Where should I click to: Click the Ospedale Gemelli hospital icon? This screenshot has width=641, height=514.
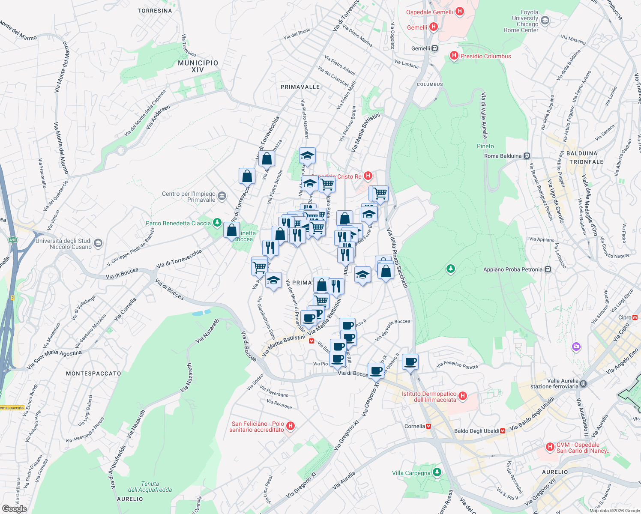click(x=459, y=12)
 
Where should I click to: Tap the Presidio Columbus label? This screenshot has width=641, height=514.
click(x=485, y=56)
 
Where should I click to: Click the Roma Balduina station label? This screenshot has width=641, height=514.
click(x=503, y=156)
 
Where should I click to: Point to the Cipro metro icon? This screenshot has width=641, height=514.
click(x=635, y=317)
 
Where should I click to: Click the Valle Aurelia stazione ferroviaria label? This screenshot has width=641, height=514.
click(x=563, y=384)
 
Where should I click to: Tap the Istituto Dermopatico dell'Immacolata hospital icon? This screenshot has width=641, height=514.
click(x=462, y=396)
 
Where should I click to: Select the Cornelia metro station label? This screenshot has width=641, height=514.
click(x=415, y=426)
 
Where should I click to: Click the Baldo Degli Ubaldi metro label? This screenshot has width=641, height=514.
click(x=476, y=431)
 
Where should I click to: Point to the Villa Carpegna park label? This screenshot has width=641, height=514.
click(x=411, y=473)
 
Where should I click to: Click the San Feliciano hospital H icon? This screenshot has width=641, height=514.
click(x=291, y=426)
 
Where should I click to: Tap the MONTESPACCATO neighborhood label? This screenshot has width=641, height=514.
click(x=93, y=374)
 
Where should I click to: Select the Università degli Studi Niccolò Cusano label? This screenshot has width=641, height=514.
click(x=63, y=244)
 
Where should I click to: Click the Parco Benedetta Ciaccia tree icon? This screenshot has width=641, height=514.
click(x=217, y=223)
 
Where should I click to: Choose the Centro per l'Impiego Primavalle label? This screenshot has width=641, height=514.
click(x=189, y=197)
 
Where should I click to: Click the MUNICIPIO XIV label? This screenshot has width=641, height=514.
click(x=198, y=66)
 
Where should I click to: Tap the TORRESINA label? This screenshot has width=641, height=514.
click(x=155, y=11)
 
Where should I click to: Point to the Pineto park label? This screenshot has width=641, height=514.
click(x=485, y=146)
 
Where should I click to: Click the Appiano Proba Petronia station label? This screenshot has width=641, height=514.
click(x=512, y=269)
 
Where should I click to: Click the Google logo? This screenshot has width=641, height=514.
click(x=14, y=508)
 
